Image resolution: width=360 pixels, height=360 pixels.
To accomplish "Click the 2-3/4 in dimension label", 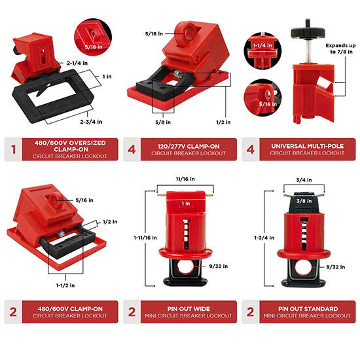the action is click(x=91, y=122).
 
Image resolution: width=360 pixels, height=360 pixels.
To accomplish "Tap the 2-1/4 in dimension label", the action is click(x=77, y=63).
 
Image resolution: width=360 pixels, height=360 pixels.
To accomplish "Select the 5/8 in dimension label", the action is click(x=163, y=122).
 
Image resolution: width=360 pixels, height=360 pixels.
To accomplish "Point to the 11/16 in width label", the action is click(x=185, y=179).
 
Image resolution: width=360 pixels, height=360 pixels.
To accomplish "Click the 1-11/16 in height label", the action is click(x=145, y=238).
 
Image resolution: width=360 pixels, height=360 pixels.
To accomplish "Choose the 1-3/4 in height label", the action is click(x=264, y=238).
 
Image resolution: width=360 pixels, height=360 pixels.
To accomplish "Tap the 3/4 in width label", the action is click(x=304, y=180).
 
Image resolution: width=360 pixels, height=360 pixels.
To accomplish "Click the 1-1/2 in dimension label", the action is click(x=65, y=285).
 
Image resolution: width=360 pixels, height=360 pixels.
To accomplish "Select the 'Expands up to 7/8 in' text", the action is click(x=341, y=48).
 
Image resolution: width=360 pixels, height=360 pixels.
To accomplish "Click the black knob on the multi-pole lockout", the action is click(x=308, y=32).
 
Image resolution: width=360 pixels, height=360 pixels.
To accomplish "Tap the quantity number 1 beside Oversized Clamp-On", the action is click(x=13, y=149).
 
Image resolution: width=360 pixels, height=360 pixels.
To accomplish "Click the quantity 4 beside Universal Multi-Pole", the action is click(x=251, y=149).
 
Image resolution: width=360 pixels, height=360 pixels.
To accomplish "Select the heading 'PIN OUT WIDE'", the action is click(x=189, y=309).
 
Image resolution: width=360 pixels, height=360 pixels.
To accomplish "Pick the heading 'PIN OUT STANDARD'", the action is click(x=308, y=309).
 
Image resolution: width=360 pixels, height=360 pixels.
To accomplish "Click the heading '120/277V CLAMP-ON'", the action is click(x=189, y=146).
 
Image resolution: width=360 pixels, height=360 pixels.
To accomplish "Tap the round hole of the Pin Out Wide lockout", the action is click(x=185, y=266).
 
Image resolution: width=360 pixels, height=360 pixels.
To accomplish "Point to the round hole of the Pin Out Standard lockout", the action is click(x=304, y=268).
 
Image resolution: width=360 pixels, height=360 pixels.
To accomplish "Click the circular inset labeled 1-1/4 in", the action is click(x=262, y=51).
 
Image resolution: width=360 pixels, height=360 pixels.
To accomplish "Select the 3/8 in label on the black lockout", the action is click(x=304, y=201).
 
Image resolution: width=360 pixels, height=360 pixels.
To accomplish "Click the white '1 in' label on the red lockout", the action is click(x=186, y=204).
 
